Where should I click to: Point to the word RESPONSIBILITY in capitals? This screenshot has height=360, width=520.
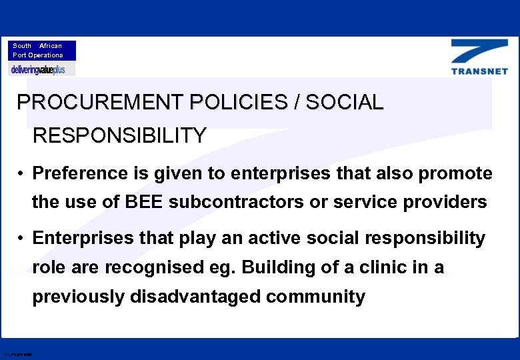click(x=119, y=136)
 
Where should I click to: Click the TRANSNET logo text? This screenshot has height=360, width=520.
click(x=479, y=71)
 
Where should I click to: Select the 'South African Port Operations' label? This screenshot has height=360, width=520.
click(x=42, y=51)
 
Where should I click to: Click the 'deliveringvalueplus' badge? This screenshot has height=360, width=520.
click(x=42, y=69)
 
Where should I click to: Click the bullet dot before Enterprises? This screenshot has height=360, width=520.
click(x=22, y=238)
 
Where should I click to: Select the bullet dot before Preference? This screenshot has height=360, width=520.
click(x=22, y=174)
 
